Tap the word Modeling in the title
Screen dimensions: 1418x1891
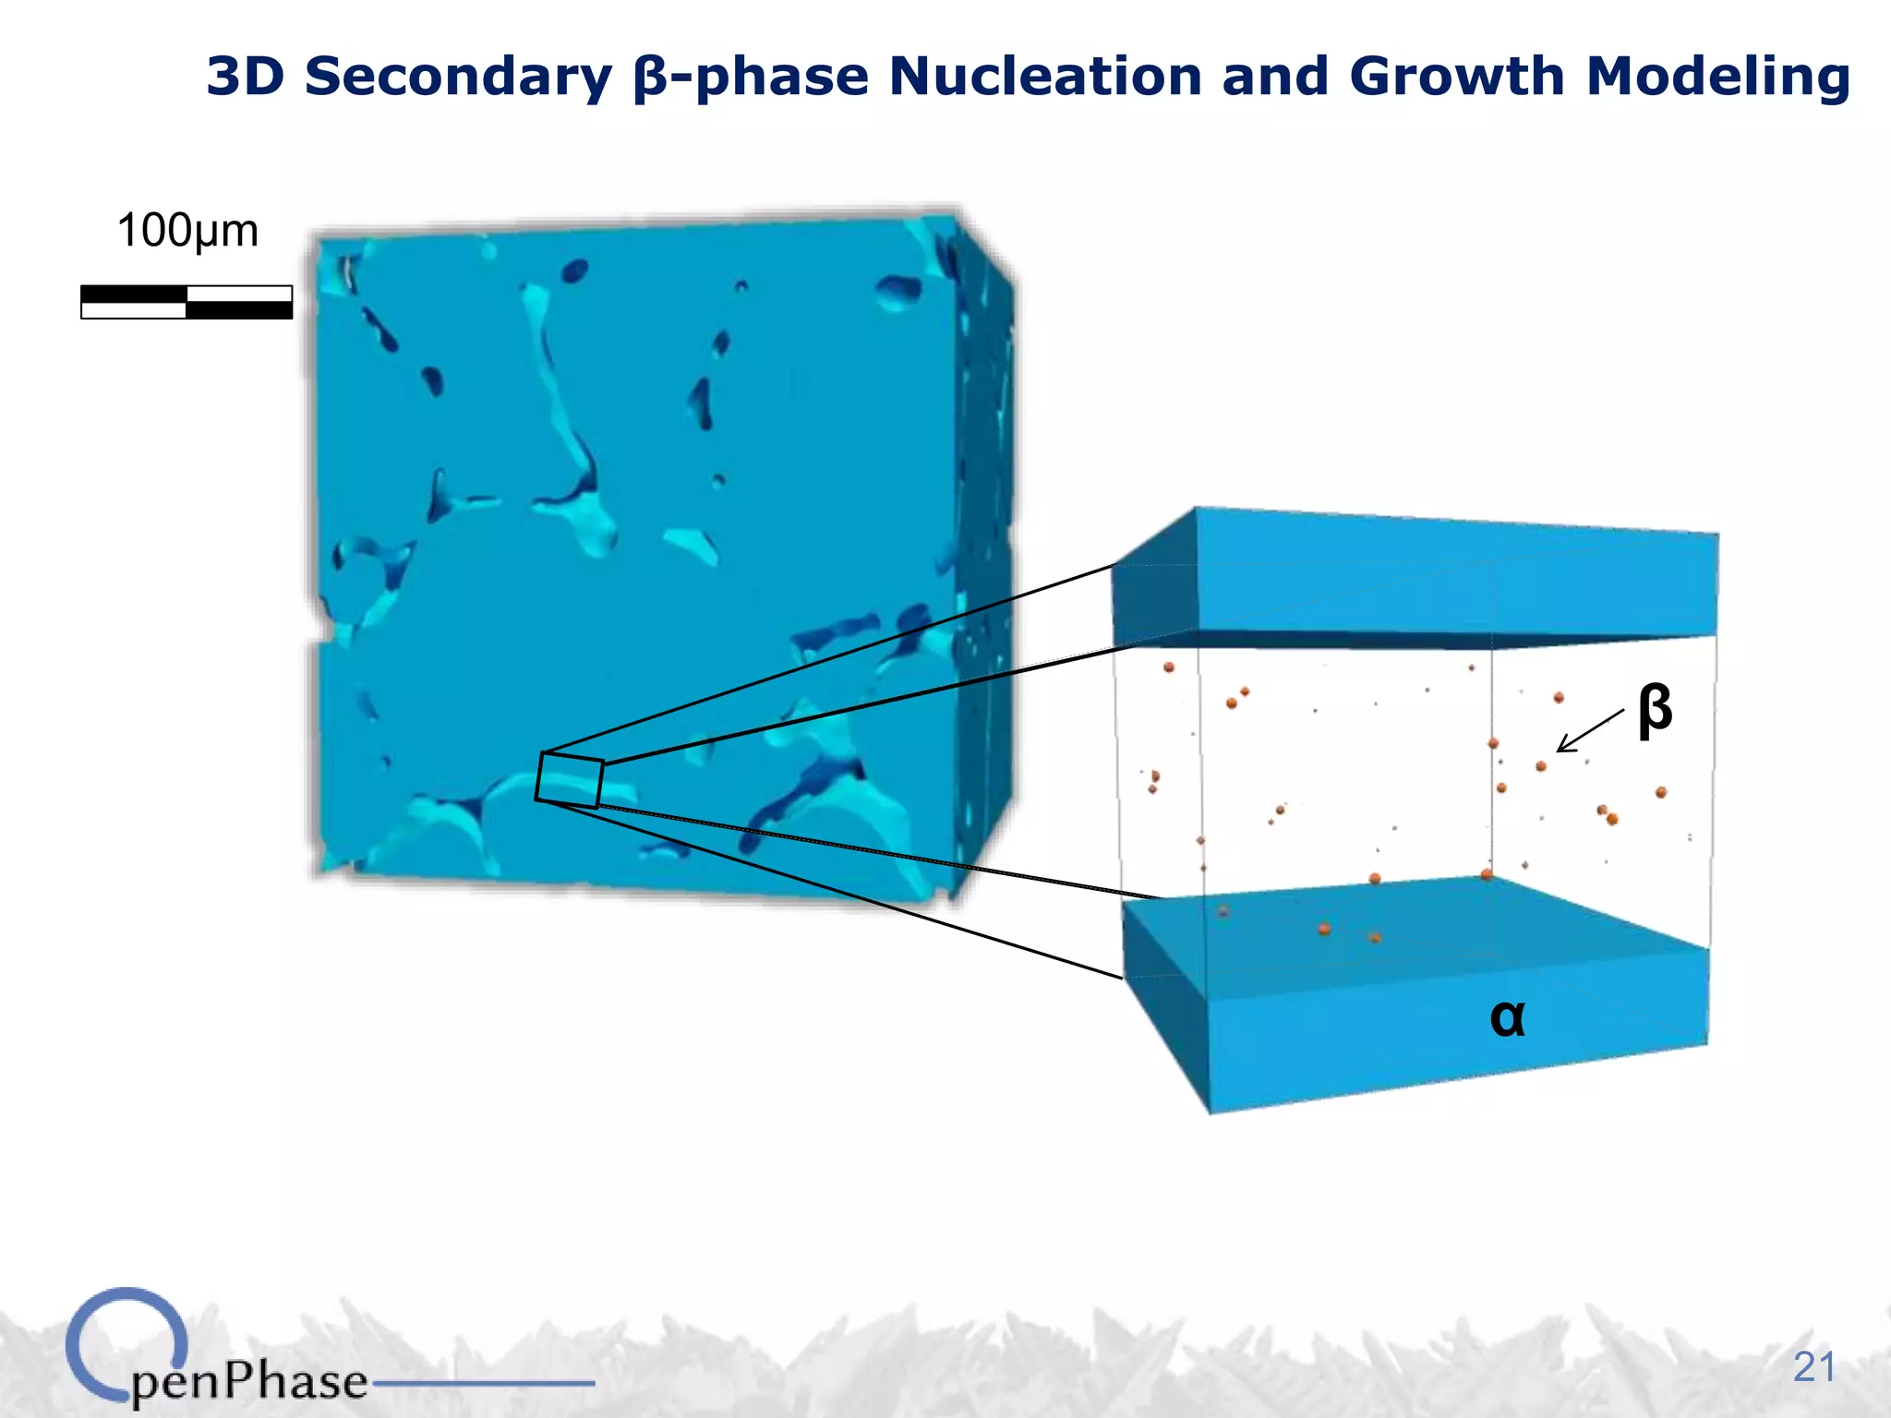(1717, 76)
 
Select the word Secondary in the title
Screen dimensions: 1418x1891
(458, 76)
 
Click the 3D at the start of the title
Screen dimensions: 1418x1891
(245, 76)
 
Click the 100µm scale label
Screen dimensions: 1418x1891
(187, 231)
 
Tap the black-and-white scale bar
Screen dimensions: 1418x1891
(187, 302)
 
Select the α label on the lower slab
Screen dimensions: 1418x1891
(1507, 1017)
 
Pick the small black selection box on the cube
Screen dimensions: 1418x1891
(570, 780)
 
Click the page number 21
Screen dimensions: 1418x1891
(1813, 1367)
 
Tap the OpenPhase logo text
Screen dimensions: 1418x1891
(249, 1382)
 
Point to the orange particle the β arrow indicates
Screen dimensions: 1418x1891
(1541, 766)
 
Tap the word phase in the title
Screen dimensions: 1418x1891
(781, 76)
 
